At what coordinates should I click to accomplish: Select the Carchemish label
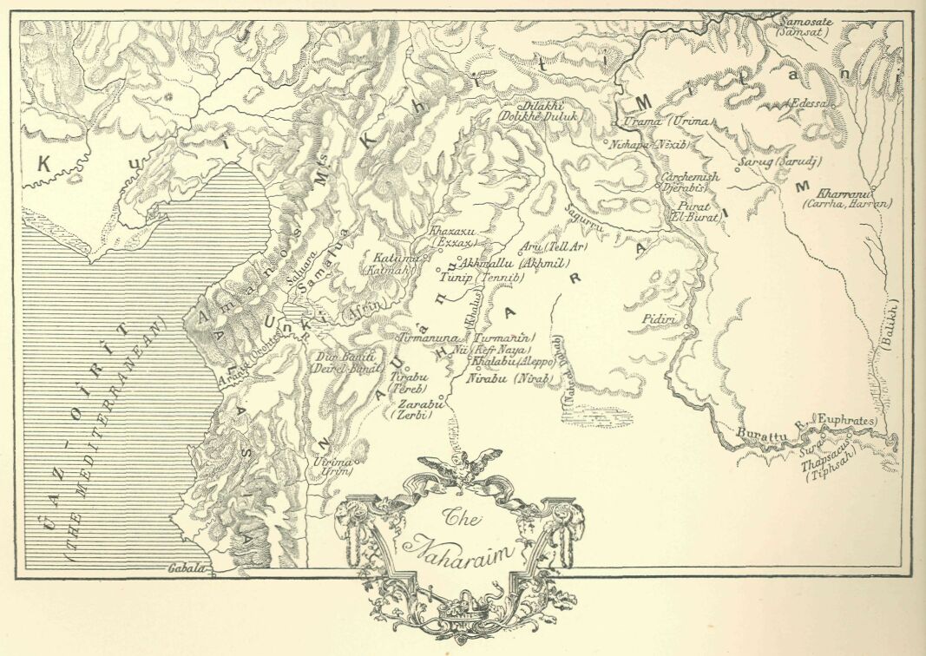[690, 176]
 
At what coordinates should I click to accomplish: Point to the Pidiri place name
[658, 320]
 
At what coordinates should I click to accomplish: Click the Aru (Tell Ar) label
[555, 247]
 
